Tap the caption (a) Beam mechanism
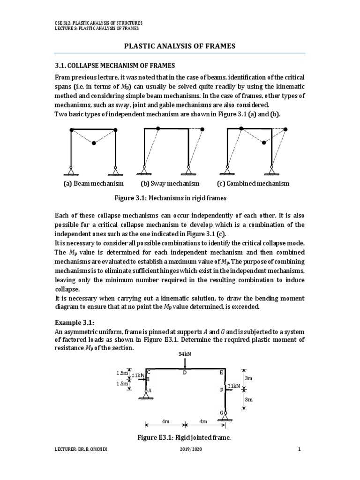[93, 183]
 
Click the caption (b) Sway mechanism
[170, 183]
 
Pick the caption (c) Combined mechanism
[253, 183]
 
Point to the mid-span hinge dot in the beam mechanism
[94, 143]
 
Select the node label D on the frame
[185, 373]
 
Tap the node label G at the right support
[221, 412]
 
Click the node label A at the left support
[150, 390]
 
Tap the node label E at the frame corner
[222, 373]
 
